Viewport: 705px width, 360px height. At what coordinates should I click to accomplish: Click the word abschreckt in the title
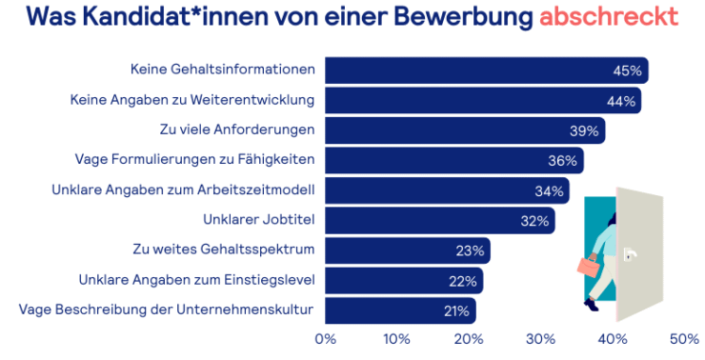(x=609, y=17)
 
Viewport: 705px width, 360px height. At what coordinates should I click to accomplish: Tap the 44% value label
(x=622, y=100)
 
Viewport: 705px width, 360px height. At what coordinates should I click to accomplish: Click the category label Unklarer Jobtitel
(x=259, y=220)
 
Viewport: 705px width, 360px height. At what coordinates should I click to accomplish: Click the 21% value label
(x=455, y=310)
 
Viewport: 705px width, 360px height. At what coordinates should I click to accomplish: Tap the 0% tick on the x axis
(x=326, y=338)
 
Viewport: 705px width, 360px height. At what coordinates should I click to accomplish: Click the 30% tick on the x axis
(x=541, y=338)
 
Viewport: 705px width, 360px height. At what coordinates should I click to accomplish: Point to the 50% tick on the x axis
(x=684, y=338)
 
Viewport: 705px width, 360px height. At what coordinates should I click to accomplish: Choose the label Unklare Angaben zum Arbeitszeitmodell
(x=183, y=190)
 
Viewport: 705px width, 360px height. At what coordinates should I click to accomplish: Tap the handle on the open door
(x=628, y=254)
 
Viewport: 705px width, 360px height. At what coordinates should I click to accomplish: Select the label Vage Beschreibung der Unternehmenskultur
(x=167, y=310)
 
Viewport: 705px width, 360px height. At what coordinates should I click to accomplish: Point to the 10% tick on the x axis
(x=397, y=338)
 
